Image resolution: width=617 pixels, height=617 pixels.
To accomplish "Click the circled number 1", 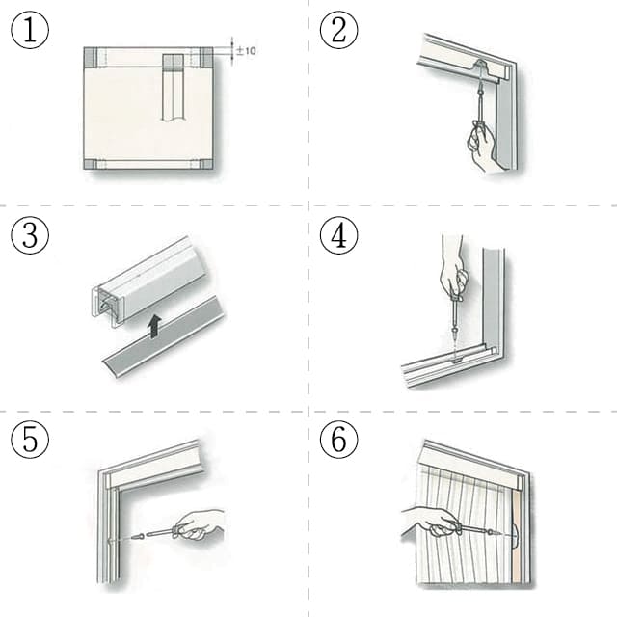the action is (x=30, y=30).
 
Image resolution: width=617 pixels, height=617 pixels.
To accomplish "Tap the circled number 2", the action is (x=338, y=30).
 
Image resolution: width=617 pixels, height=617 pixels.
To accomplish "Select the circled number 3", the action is (x=30, y=235).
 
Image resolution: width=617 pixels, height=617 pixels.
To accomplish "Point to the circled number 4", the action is (x=338, y=235).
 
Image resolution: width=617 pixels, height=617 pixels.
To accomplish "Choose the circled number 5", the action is (x=30, y=440).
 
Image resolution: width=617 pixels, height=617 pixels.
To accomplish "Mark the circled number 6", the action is (x=338, y=440).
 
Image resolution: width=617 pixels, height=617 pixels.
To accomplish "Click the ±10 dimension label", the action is (x=246, y=51).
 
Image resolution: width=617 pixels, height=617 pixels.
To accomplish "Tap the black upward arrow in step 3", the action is (x=155, y=326).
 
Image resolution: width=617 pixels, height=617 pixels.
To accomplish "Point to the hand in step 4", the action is (x=453, y=268).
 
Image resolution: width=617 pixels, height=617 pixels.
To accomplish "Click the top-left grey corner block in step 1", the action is (x=90, y=57).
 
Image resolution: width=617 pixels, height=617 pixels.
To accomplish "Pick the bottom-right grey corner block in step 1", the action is (x=206, y=164).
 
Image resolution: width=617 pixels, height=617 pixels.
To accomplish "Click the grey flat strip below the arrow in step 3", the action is (x=164, y=337).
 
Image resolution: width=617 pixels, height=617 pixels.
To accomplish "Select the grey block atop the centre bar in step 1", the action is (x=174, y=63).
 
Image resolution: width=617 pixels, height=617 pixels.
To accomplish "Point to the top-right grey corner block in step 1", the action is (x=206, y=57).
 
